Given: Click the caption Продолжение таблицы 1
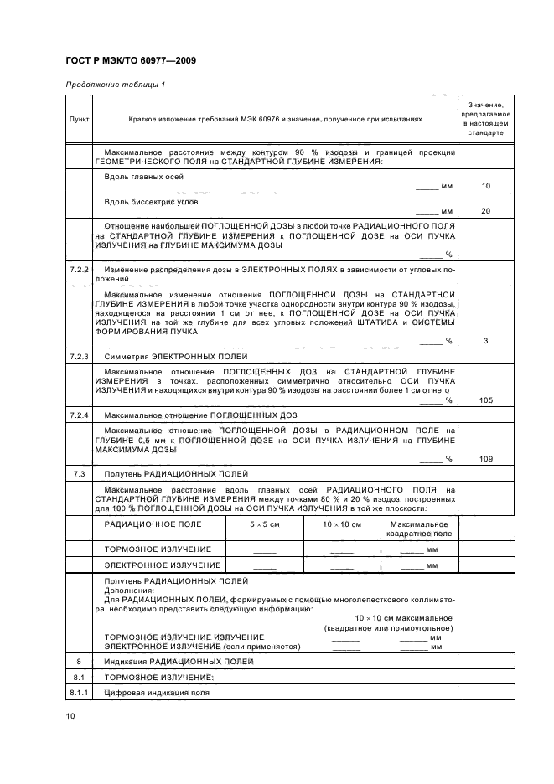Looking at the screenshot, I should coord(115,85).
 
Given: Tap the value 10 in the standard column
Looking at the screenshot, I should coord(486,185).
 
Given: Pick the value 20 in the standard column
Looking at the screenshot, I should coord(486,211).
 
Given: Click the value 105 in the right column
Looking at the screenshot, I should coord(486,400).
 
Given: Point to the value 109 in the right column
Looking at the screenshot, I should coord(486,458).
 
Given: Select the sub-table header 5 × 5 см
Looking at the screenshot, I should coord(264,524).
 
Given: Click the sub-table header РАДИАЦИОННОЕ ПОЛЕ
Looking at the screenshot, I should coord(153,524).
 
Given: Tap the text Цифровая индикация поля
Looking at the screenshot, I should coord(156,693).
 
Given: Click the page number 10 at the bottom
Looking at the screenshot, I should coord(70,716).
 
